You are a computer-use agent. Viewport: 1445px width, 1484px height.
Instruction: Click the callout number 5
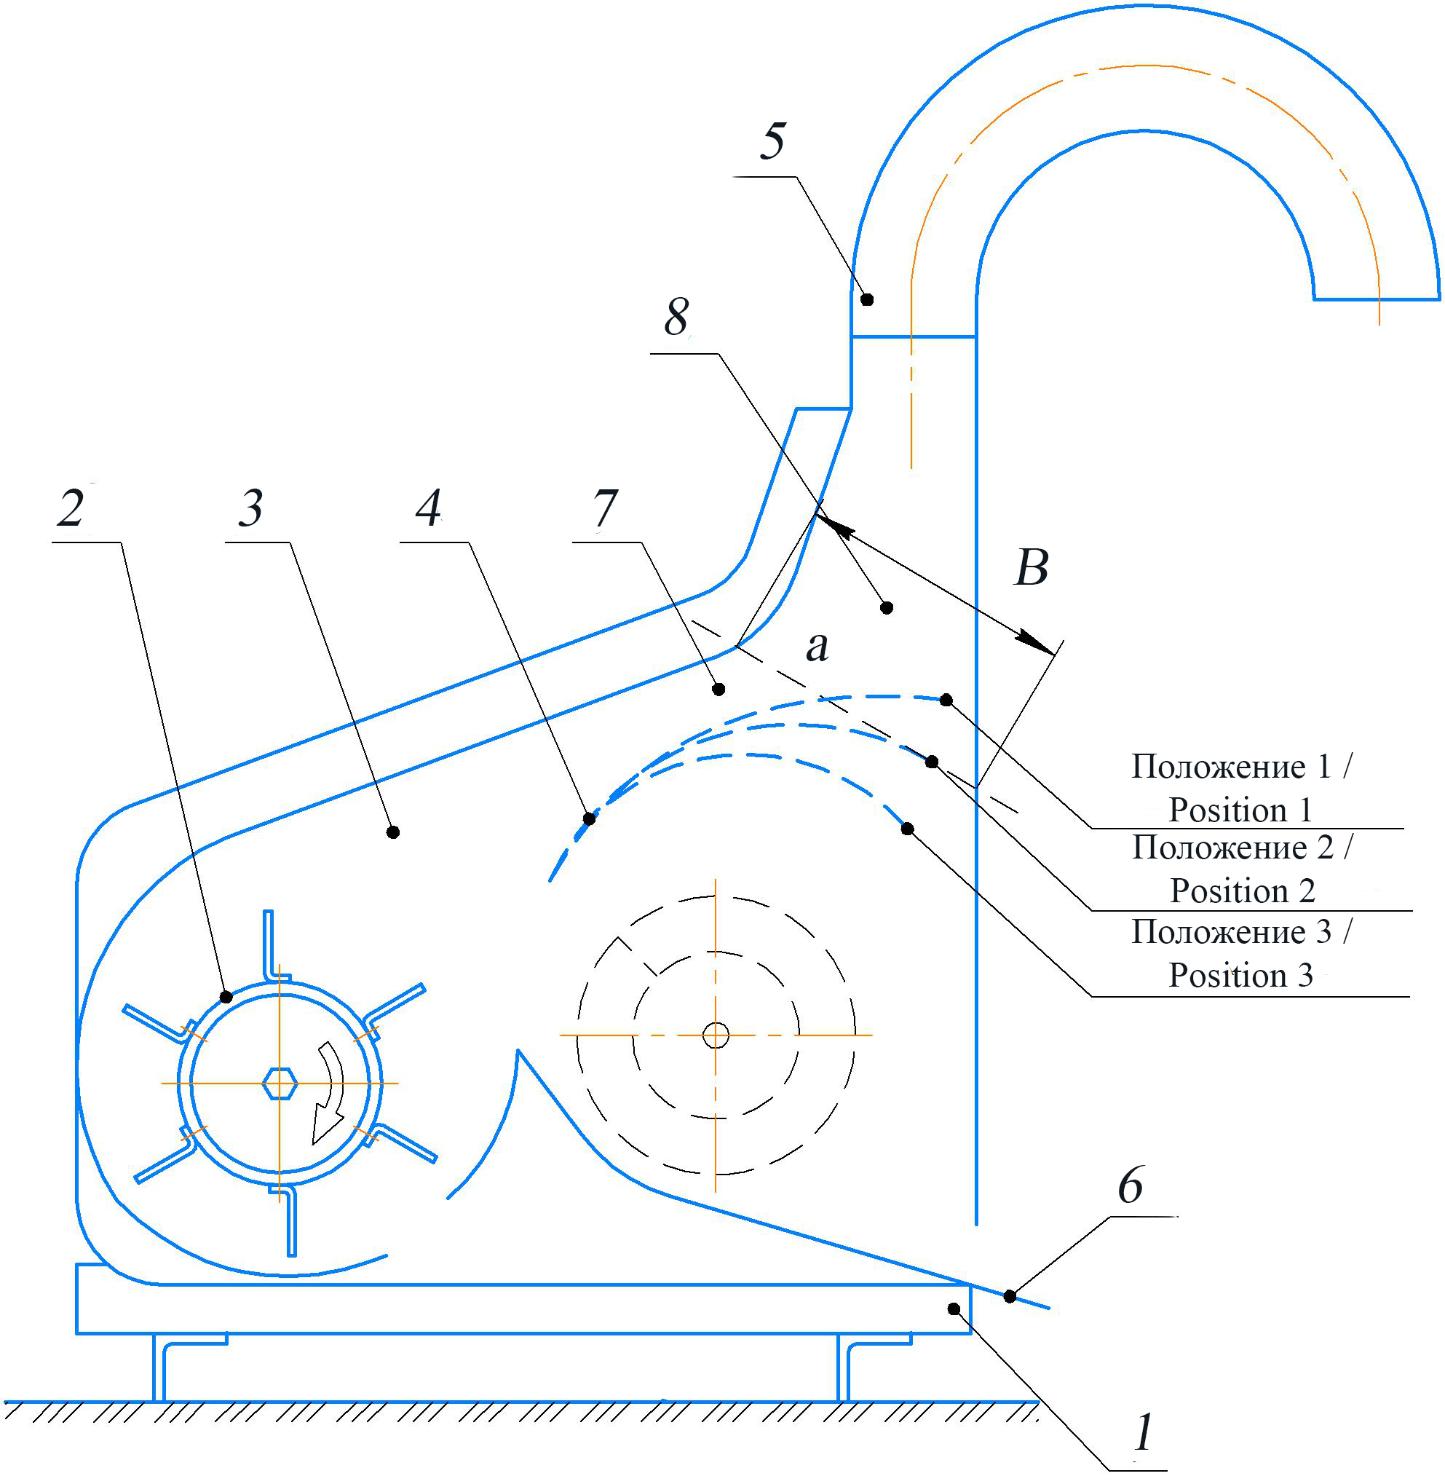(x=772, y=141)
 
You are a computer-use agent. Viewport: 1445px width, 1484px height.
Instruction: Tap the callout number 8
(x=676, y=317)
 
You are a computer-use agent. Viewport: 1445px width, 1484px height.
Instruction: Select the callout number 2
(x=71, y=507)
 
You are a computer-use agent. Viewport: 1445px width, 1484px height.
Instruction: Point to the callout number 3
(x=250, y=507)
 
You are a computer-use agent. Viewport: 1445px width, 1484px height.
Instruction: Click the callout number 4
(x=428, y=507)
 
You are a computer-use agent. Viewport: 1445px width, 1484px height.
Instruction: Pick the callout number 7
(x=605, y=507)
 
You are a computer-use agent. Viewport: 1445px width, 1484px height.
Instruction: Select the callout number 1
(x=1143, y=1433)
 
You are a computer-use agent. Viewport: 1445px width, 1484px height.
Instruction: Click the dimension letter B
(x=1032, y=567)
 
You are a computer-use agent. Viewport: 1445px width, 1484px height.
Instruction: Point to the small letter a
(x=817, y=647)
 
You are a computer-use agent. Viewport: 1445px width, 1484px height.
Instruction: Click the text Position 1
(x=1240, y=810)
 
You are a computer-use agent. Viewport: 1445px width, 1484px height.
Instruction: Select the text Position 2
(x=1243, y=891)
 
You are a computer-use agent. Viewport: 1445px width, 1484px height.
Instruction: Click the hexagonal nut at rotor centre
(x=280, y=1084)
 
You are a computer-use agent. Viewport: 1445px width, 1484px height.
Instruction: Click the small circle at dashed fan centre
(x=716, y=1035)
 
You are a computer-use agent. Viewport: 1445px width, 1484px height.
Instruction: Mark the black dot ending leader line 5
(x=868, y=300)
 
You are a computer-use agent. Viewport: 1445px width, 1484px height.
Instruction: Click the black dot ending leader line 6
(x=1010, y=1297)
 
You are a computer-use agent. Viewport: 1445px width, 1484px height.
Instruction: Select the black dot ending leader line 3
(x=393, y=833)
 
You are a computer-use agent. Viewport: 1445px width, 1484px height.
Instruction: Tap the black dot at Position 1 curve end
(x=946, y=700)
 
